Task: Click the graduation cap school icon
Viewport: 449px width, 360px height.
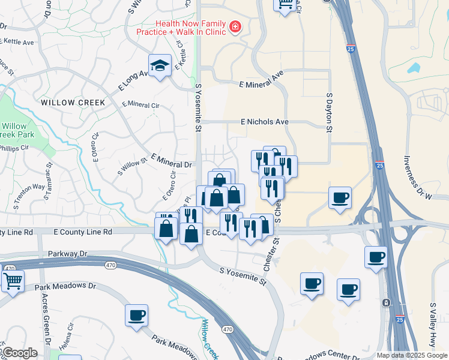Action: (x=160, y=65)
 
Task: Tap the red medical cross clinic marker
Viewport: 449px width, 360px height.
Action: (x=235, y=27)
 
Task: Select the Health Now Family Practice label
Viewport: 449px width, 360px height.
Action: (x=181, y=27)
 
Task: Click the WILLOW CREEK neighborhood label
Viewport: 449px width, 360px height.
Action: (x=73, y=103)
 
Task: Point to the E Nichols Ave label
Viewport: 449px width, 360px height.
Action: (x=265, y=122)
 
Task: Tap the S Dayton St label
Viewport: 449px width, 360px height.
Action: (x=329, y=112)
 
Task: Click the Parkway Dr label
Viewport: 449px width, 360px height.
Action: (x=67, y=254)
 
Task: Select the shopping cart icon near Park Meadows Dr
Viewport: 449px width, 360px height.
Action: (x=13, y=280)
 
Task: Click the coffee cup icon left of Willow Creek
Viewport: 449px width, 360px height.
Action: (x=137, y=314)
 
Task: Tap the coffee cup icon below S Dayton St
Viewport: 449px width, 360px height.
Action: (x=340, y=197)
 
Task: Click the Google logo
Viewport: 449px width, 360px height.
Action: (x=20, y=353)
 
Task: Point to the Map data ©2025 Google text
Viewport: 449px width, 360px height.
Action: (x=411, y=355)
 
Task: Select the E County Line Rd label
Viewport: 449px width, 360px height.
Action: (x=82, y=232)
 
